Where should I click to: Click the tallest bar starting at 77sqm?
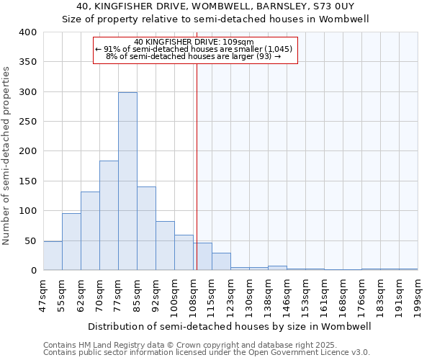pos(127,181)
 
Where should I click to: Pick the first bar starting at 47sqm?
pos(53,256)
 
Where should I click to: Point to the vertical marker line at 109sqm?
pos(197,158)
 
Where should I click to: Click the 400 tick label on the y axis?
pos(28,32)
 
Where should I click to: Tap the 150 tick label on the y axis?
pos(28,181)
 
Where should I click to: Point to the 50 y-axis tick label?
pos(31,240)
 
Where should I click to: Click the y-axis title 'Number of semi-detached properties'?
pos(7,155)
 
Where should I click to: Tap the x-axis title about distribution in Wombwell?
pos(230,326)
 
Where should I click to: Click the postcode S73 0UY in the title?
pos(348,6)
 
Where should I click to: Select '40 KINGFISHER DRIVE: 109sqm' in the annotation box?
pos(194,42)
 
